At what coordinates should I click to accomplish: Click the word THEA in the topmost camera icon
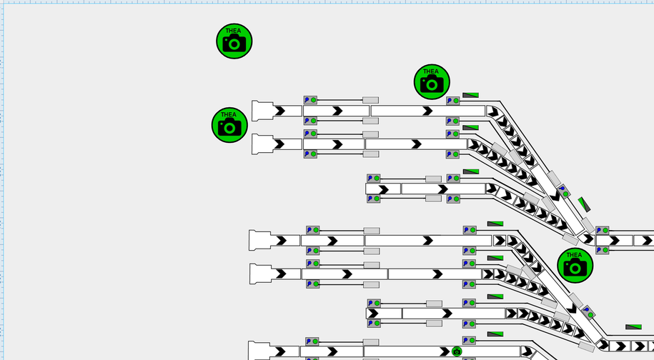(234, 31)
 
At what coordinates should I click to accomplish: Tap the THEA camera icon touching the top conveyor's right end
(432, 81)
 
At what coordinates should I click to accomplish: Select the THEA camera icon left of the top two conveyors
(229, 125)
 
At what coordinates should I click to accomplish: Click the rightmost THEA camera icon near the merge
(575, 265)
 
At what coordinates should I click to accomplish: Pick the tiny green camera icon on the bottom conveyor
(457, 351)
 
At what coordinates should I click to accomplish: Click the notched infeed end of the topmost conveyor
(262, 111)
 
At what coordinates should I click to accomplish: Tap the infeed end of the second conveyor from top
(262, 144)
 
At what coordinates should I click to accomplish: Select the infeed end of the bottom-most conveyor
(259, 351)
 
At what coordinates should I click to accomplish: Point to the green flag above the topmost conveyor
(470, 94)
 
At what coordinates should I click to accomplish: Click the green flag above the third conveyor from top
(471, 171)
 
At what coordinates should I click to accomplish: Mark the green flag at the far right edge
(633, 327)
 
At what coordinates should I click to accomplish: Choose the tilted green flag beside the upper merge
(584, 204)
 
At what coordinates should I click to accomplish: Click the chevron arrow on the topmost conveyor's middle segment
(337, 111)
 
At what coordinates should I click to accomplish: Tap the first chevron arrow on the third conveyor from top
(382, 189)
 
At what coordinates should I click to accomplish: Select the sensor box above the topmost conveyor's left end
(311, 100)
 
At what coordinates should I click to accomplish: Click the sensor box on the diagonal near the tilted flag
(563, 191)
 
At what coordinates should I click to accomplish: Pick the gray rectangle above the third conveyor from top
(433, 179)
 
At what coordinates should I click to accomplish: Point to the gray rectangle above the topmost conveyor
(370, 101)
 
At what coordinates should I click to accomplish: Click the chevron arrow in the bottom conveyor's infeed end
(280, 351)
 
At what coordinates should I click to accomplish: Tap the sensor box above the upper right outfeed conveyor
(601, 231)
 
